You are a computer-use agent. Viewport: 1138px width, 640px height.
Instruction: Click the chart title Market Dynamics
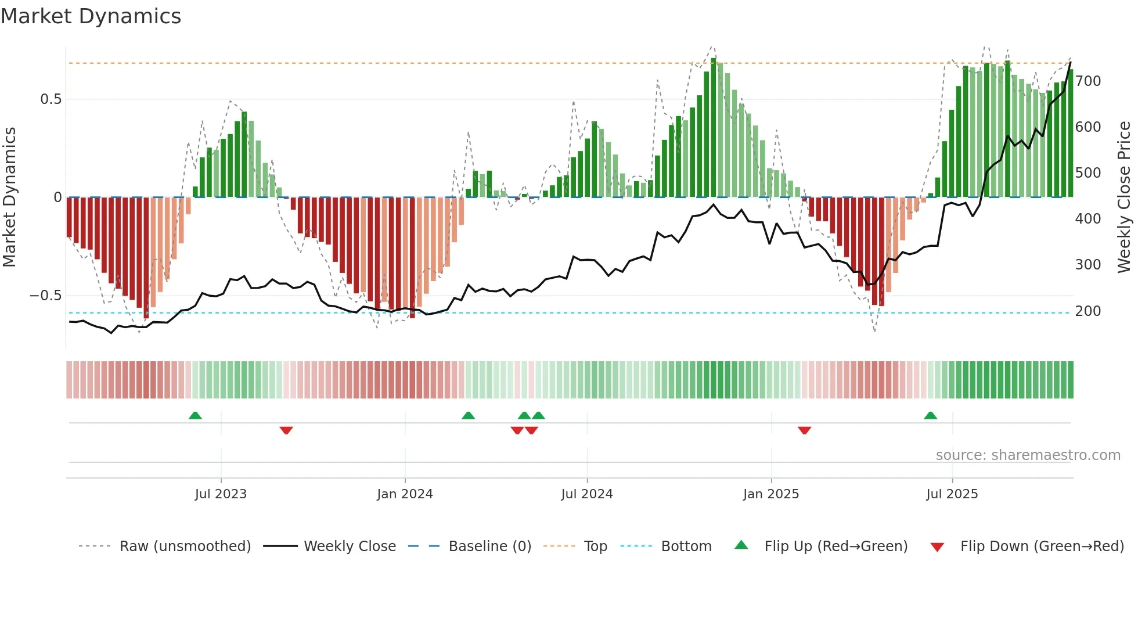(91, 16)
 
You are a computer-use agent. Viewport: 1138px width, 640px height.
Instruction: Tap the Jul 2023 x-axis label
(221, 494)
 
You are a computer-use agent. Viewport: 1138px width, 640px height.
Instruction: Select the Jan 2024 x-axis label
(405, 494)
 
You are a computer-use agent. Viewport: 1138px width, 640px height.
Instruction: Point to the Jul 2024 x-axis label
(587, 494)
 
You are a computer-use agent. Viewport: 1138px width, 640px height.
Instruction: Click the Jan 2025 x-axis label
(771, 494)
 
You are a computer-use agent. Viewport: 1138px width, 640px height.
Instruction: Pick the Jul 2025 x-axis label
(952, 494)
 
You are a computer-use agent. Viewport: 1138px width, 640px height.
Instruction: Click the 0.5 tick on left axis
(51, 99)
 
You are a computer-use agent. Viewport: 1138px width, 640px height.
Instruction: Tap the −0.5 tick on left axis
(46, 296)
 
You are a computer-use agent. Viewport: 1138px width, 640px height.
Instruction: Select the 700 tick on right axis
(1088, 81)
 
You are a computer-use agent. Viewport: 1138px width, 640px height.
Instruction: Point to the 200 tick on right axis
(1088, 311)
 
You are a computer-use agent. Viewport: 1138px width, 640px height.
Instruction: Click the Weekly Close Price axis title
(1124, 197)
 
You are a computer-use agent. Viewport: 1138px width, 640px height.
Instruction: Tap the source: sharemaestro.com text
(1028, 455)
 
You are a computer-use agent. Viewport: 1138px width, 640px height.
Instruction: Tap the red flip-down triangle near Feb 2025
(804, 430)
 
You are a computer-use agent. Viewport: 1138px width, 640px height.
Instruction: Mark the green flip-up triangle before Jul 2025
(930, 415)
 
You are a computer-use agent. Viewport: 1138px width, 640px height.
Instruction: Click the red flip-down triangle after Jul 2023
(286, 430)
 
